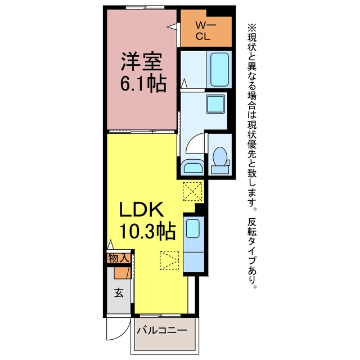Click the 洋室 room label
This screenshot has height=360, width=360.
tap(142, 61)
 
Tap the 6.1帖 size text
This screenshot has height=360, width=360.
tap(143, 84)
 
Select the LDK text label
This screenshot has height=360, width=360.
tap(142, 209)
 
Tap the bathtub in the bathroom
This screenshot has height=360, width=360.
tap(219, 69)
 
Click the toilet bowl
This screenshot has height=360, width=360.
tap(220, 156)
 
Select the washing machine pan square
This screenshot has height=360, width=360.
tap(215, 104)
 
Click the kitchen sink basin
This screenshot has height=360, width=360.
tap(192, 228)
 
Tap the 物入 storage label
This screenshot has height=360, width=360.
tap(119, 258)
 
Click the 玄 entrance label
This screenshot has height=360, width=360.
tap(119, 292)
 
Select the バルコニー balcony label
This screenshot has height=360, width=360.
tap(162, 331)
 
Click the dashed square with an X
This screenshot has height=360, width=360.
tap(192, 191)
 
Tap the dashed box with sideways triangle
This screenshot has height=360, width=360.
tap(169, 260)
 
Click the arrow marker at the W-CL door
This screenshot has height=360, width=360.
tap(172, 26)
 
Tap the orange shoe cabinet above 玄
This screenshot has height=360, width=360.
tap(123, 273)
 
